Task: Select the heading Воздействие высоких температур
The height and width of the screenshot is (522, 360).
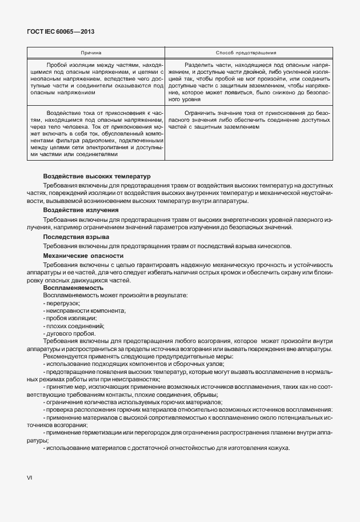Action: coord(96,177)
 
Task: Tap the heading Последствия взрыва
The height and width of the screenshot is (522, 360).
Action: coord(76,237)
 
